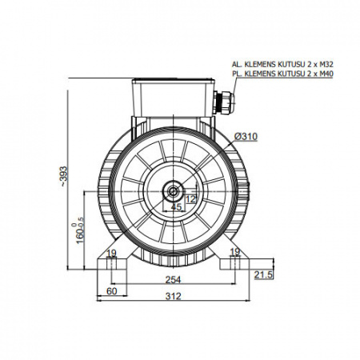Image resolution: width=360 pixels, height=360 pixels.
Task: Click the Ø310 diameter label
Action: (x=246, y=137)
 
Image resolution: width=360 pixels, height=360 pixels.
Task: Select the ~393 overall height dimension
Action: (x=64, y=176)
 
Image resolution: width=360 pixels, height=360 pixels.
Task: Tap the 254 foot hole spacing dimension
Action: (x=173, y=280)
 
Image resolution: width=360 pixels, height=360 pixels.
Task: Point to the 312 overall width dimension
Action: (x=173, y=296)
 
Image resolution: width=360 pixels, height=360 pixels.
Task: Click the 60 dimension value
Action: (x=112, y=291)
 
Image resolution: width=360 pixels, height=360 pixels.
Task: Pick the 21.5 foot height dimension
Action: (x=264, y=275)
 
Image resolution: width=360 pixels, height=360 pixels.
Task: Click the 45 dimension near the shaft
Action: (x=176, y=206)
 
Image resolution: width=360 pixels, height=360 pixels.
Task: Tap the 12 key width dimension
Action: (x=191, y=199)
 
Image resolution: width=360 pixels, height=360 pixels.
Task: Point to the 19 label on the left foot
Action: (x=111, y=253)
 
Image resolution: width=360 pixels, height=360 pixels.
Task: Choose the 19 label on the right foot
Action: (x=235, y=252)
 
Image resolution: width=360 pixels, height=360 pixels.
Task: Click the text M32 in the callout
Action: (x=327, y=64)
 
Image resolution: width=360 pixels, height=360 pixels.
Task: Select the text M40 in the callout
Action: (x=327, y=74)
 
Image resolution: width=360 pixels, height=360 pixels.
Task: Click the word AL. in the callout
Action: (x=236, y=64)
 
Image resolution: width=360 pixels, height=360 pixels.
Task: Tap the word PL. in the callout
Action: (x=236, y=74)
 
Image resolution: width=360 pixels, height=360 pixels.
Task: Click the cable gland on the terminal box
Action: (x=223, y=102)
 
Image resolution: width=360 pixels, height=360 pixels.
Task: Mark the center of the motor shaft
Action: (x=174, y=191)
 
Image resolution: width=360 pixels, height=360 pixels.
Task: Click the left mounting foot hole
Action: (x=112, y=263)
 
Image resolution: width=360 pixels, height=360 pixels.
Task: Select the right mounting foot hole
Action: (x=235, y=263)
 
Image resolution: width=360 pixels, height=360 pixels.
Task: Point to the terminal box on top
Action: (x=173, y=98)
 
